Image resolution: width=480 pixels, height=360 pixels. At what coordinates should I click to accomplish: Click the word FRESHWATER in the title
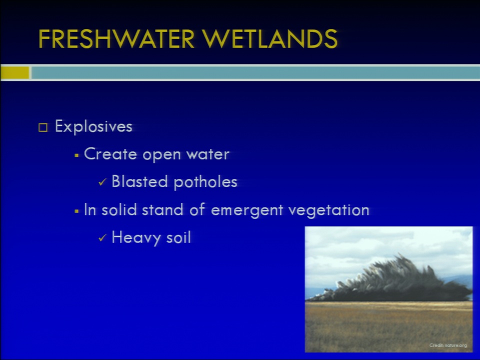(x=116, y=39)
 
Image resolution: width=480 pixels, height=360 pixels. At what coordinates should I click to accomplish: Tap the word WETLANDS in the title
(x=269, y=39)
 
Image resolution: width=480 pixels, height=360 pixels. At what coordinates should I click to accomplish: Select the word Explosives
(x=93, y=126)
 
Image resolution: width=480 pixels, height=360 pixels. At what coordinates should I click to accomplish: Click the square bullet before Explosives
(x=43, y=127)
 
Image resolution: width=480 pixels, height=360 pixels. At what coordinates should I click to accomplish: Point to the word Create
(x=110, y=153)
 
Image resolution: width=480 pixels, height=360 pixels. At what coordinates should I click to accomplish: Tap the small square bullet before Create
(x=77, y=155)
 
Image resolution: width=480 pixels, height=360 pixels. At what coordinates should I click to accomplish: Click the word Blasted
(x=139, y=181)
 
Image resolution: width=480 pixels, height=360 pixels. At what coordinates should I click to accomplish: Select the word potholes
(x=205, y=182)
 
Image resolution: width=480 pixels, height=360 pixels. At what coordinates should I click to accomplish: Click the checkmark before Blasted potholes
(x=102, y=182)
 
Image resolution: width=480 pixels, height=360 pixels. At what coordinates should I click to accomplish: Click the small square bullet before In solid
(x=77, y=211)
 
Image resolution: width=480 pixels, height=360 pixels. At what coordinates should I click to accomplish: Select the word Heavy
(x=136, y=237)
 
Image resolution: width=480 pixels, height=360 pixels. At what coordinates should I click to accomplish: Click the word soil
(x=178, y=237)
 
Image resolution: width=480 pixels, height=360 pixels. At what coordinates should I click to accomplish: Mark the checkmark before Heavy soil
(x=102, y=238)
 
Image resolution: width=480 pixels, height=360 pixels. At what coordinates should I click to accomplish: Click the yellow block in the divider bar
(x=14, y=73)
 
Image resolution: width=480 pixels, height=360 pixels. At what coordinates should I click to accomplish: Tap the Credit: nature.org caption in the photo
(x=448, y=345)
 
